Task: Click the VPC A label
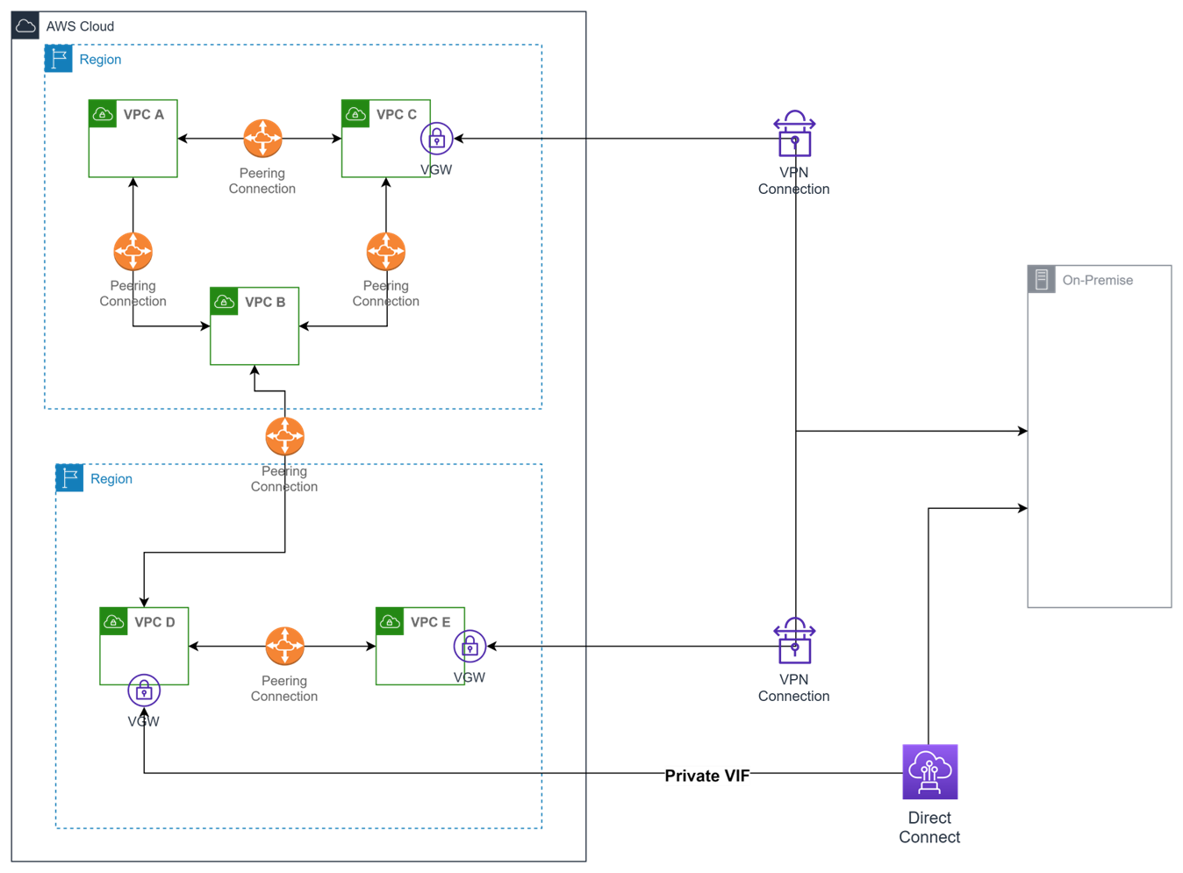(x=143, y=115)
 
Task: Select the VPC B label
(x=265, y=302)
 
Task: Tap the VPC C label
(x=396, y=115)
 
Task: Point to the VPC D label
(x=154, y=622)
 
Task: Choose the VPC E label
(x=430, y=622)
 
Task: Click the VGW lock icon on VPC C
(x=436, y=138)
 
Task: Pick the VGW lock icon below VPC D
(x=144, y=691)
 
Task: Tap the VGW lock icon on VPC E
(x=470, y=647)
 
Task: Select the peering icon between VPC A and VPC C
(x=262, y=138)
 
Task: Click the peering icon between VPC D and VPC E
(x=284, y=647)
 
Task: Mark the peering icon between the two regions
(x=284, y=436)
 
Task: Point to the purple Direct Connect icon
(x=930, y=772)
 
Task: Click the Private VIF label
(x=707, y=776)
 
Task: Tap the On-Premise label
(x=1098, y=280)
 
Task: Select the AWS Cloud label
(x=80, y=26)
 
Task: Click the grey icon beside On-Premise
(x=1042, y=279)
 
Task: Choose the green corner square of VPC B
(x=225, y=301)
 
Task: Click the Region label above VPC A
(x=100, y=60)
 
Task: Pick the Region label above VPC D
(x=111, y=479)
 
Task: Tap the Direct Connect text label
(x=930, y=827)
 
